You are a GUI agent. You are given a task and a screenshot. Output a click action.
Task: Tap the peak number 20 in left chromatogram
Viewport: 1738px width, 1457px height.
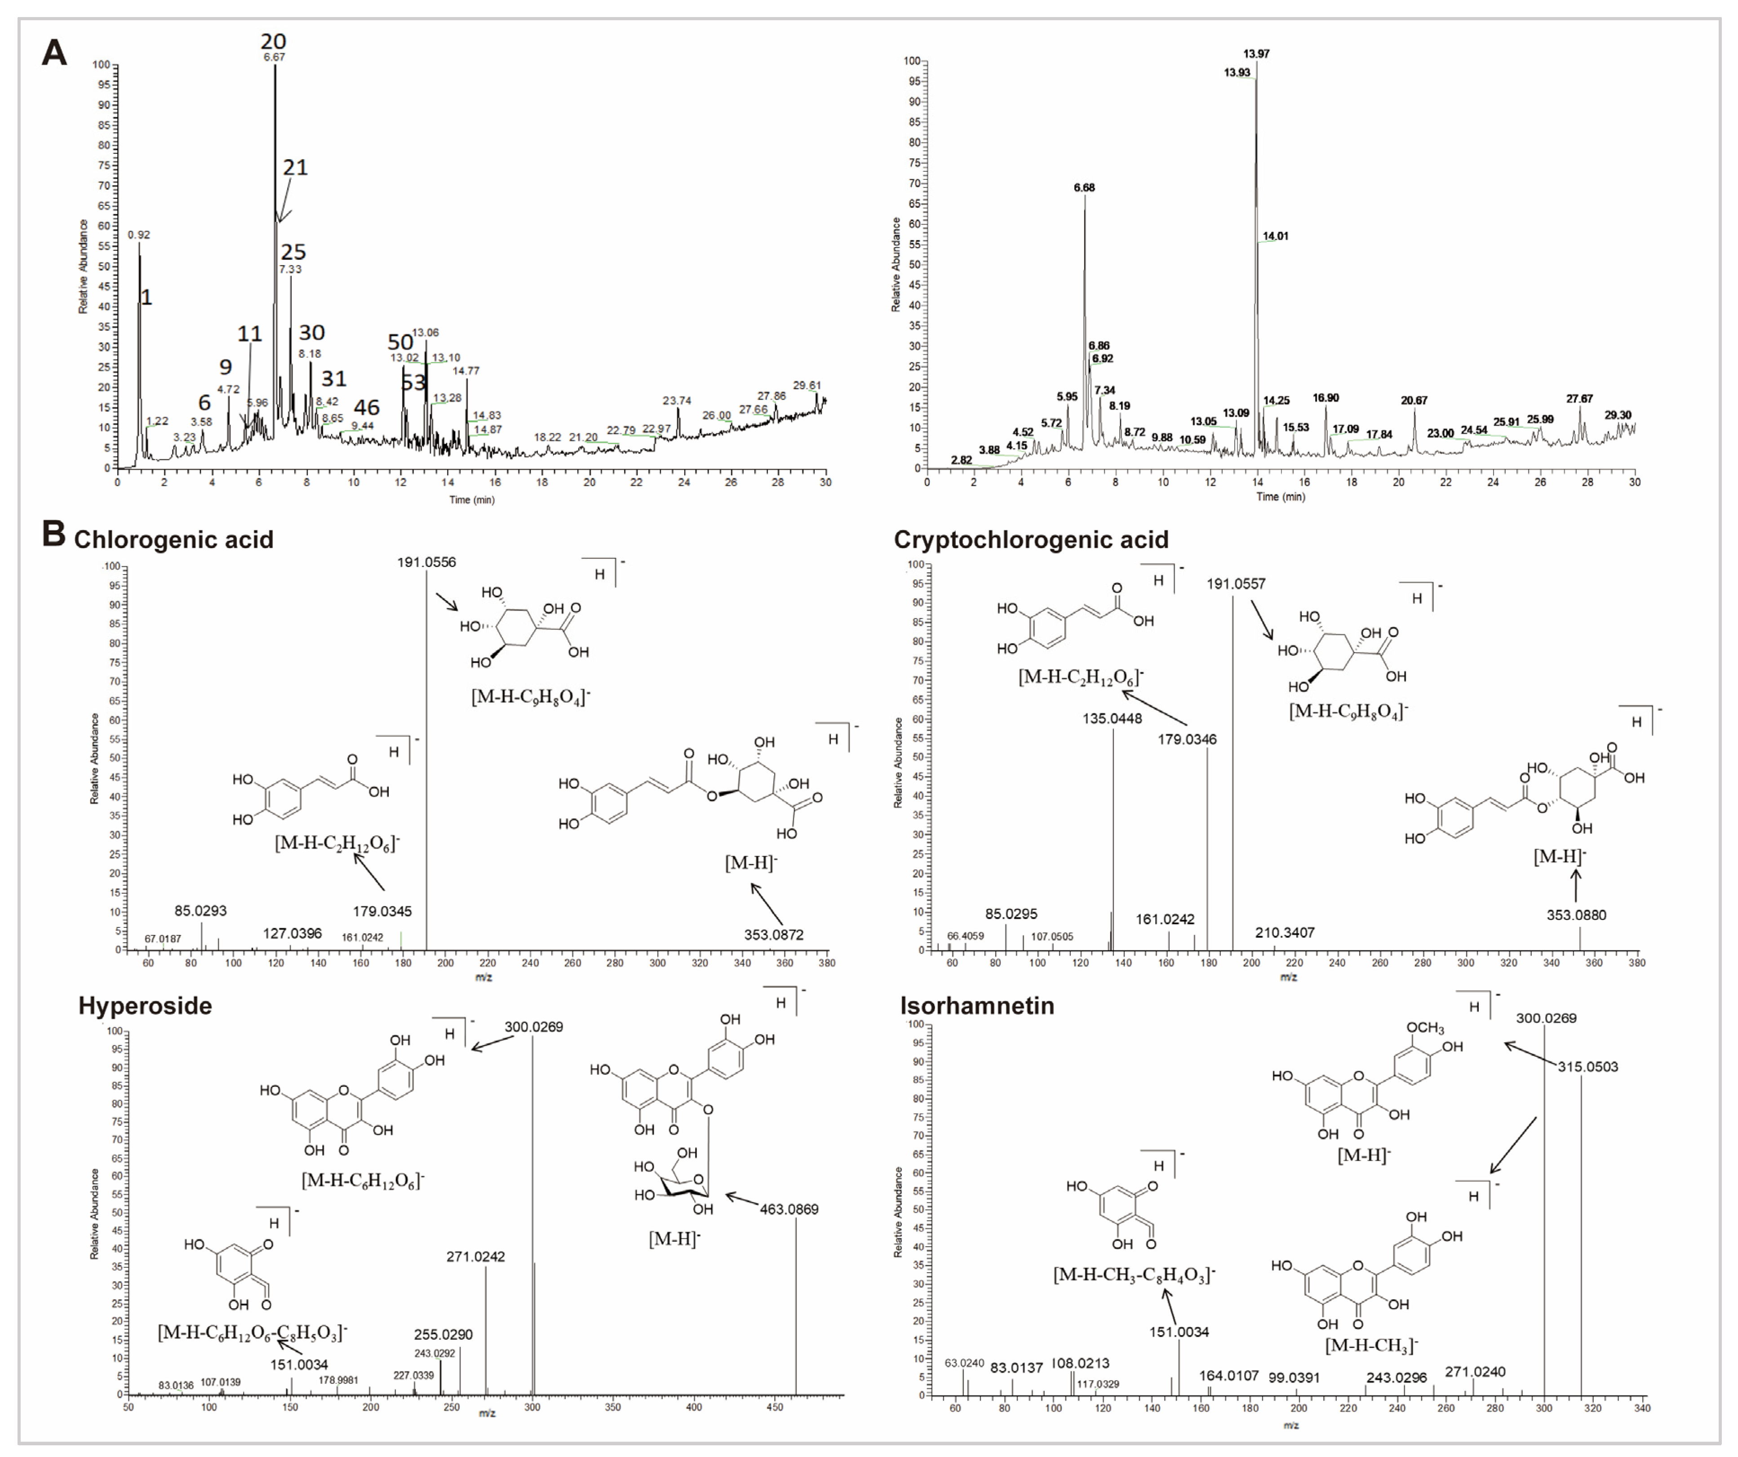[x=273, y=41]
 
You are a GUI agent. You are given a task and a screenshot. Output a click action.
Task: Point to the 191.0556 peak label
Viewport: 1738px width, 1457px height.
[x=426, y=562]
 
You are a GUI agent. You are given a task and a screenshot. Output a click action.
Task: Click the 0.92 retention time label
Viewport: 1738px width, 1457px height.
[x=139, y=235]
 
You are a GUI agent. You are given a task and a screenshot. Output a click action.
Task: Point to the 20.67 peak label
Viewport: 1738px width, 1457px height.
[x=1414, y=401]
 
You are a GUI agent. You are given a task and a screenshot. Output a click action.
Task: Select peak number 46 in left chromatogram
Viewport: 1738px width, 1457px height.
[x=367, y=407]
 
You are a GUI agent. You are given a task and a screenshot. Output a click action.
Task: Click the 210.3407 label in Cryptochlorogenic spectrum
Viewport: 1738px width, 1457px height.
[x=1285, y=933]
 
